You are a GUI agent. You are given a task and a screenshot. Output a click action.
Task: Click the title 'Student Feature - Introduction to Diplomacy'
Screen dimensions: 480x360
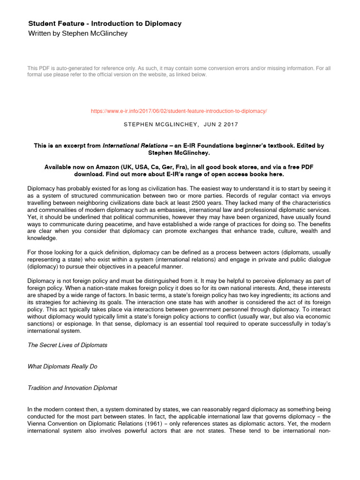click(105, 23)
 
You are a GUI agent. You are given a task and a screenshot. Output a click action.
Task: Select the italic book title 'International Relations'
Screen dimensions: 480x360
click(135, 146)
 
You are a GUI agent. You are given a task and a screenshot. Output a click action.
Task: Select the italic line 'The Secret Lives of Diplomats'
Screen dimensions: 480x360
click(67, 345)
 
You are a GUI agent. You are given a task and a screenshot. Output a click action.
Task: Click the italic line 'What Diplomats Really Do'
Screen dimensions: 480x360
click(62, 367)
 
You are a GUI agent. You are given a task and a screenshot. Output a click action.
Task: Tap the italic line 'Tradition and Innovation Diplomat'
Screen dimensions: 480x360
click(73, 388)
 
